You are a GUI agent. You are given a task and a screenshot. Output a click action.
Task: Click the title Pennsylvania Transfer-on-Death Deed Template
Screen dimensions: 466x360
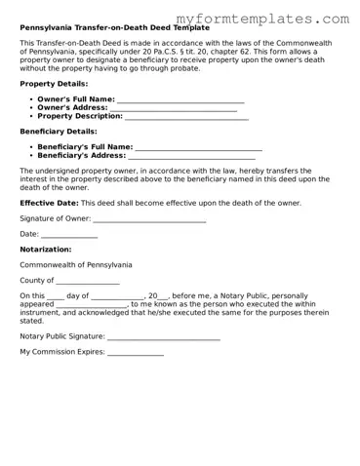[x=114, y=28]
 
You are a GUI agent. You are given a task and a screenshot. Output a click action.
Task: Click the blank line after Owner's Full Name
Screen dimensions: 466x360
[x=180, y=100]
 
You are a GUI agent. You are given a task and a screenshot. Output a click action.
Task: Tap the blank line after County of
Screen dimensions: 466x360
[x=88, y=282]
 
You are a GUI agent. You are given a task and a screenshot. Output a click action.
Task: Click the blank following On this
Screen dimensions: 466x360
[x=55, y=296]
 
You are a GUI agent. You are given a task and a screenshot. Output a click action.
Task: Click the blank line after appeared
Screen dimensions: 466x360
[x=94, y=304]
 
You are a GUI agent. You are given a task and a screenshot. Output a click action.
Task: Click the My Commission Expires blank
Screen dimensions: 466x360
[x=136, y=352]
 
